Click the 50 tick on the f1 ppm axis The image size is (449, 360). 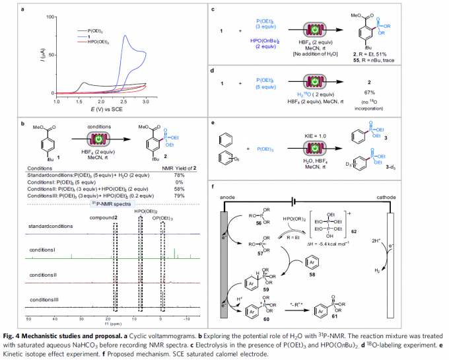pos(28,318)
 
